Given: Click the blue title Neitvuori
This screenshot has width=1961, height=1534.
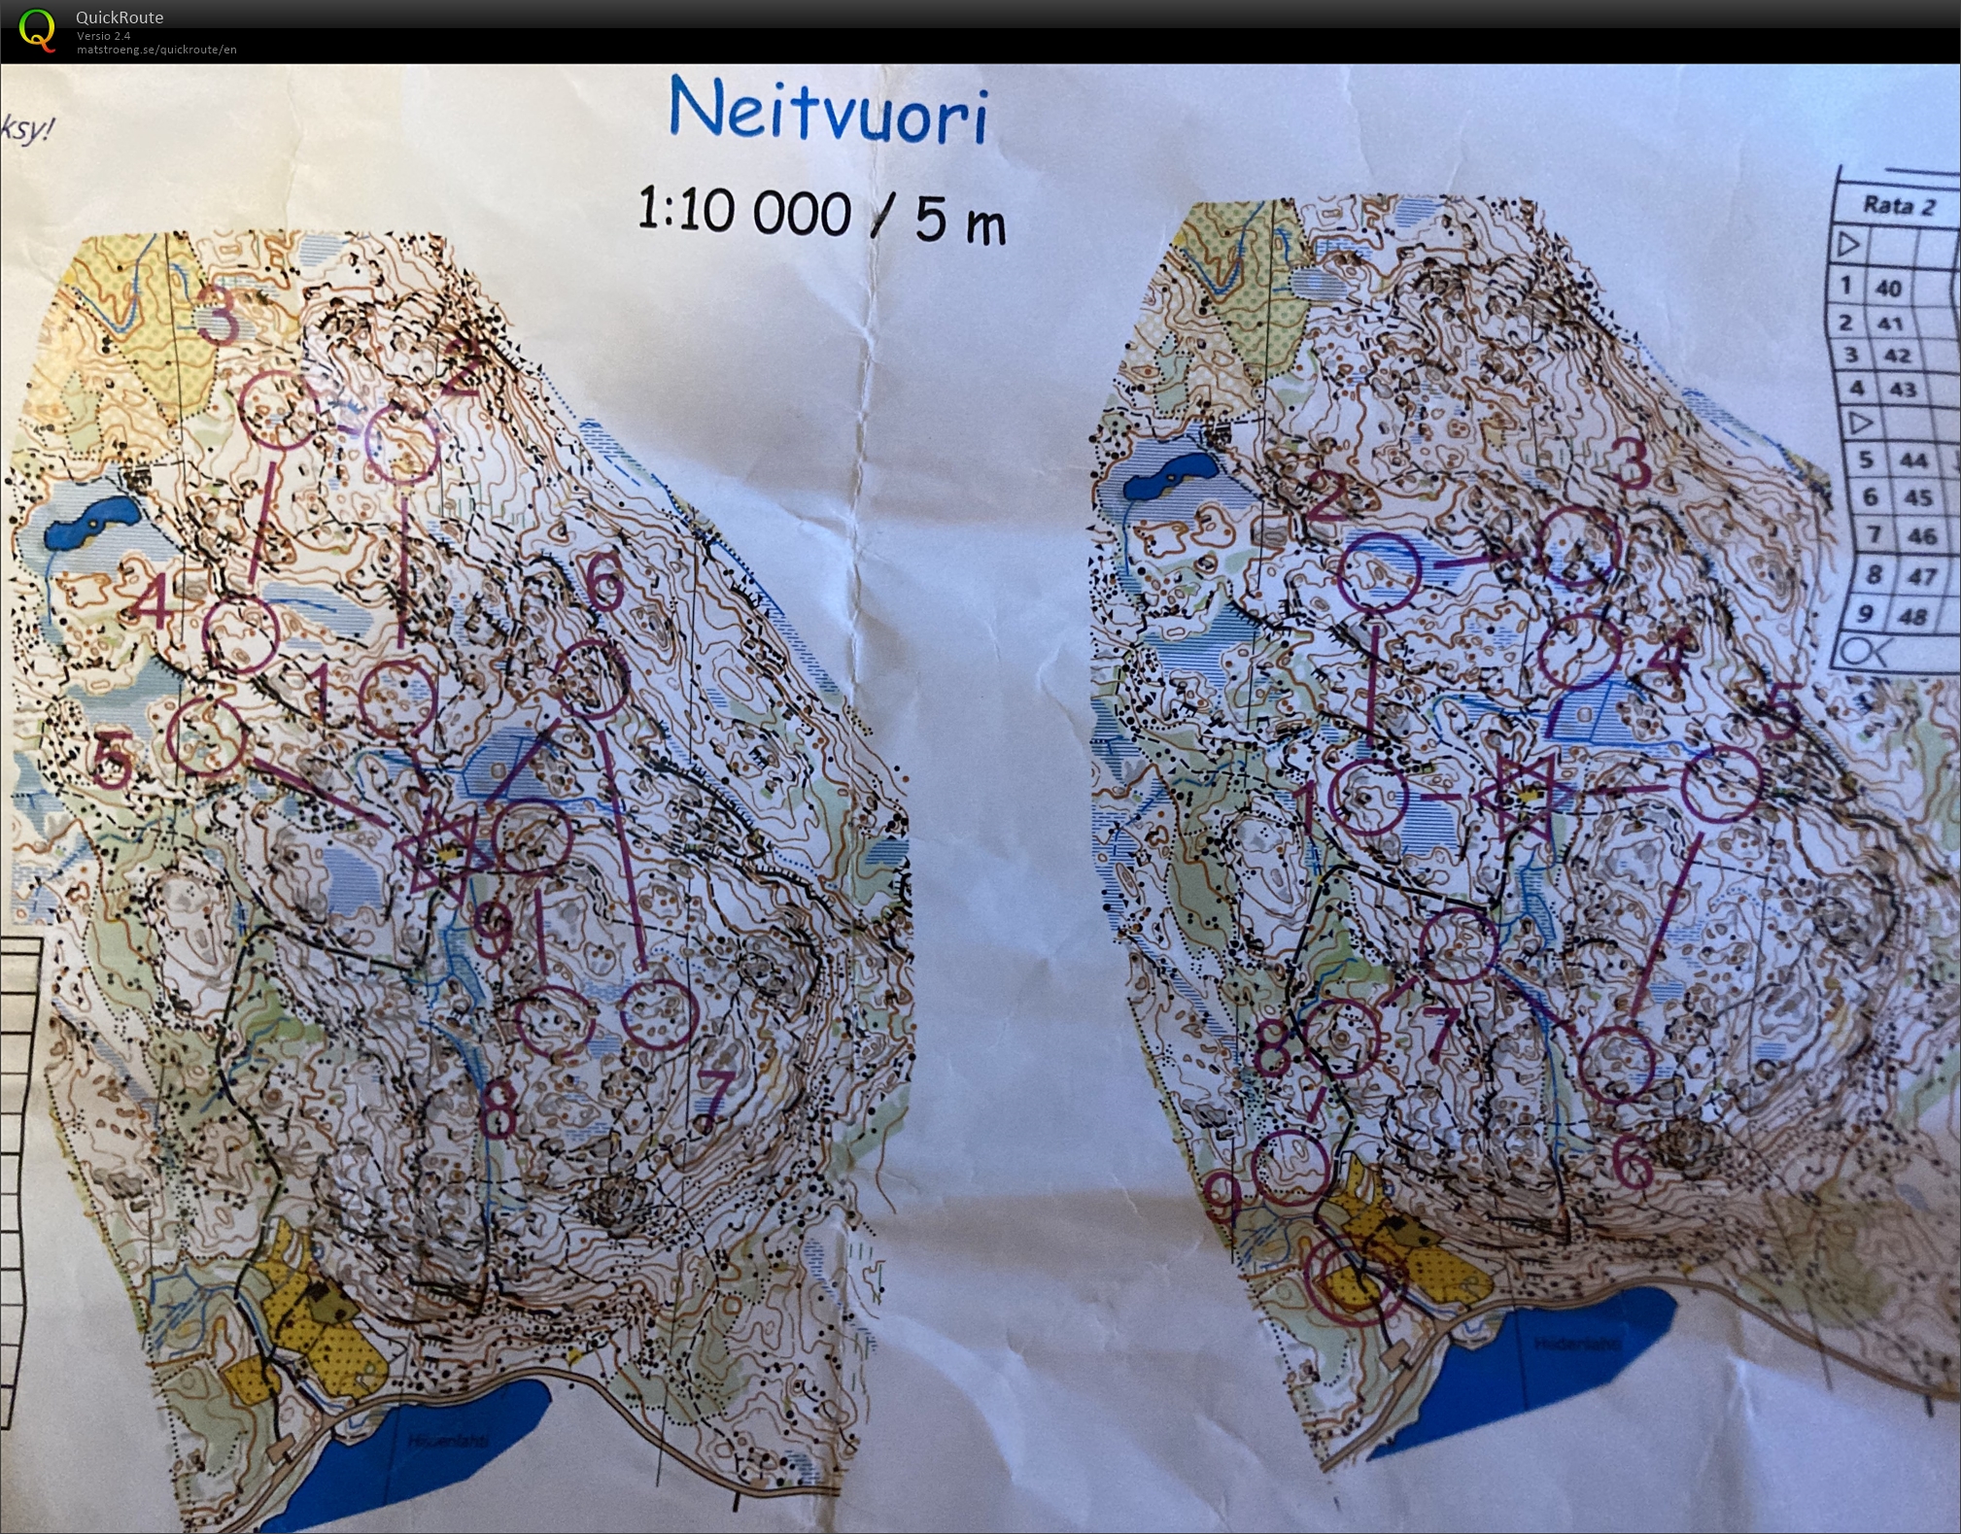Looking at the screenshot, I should tap(829, 113).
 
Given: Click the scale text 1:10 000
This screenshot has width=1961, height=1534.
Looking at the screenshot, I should tap(744, 211).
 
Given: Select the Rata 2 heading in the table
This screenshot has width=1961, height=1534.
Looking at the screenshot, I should tap(1898, 206).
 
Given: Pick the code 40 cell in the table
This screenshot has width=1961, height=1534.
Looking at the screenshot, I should tap(1888, 289).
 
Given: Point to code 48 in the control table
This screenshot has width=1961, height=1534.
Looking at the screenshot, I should tap(1911, 616).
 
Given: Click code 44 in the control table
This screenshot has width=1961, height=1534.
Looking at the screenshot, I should tap(1911, 460).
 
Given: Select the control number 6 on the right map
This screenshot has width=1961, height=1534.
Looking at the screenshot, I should tap(1632, 1161).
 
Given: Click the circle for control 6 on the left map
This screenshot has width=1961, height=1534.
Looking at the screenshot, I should tap(590, 679).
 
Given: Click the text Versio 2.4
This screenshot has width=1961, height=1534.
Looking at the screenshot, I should tap(103, 36).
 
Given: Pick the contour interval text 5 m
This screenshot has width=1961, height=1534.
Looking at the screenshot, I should tap(959, 220).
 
